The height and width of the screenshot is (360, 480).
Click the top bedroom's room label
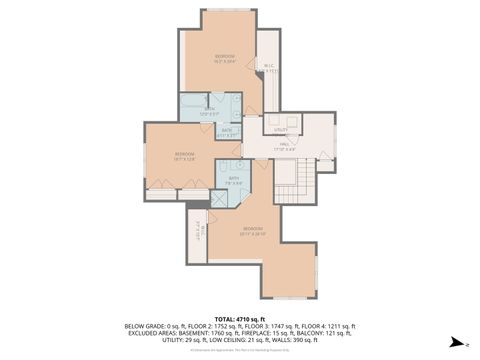click(225, 57)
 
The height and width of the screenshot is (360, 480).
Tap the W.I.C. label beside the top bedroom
click(269, 69)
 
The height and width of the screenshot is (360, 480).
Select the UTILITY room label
click(281, 129)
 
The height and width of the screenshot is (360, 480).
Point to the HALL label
click(285, 145)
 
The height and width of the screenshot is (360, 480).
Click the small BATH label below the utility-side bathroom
click(227, 131)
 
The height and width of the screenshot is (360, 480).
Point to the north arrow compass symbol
click(452, 341)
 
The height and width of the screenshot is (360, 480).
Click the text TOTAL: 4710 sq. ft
click(239, 317)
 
